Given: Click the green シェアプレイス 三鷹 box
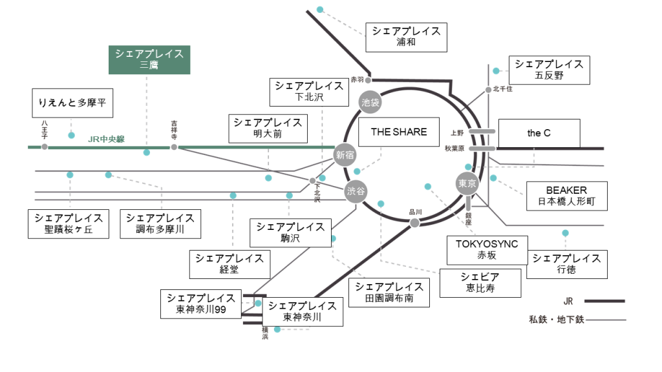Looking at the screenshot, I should pyautogui.click(x=149, y=59).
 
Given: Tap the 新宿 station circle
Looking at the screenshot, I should pyautogui.click(x=345, y=155).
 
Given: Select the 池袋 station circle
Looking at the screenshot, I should pyautogui.click(x=370, y=101).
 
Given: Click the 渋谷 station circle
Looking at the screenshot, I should pyautogui.click(x=356, y=191).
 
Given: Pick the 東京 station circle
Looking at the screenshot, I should pyautogui.click(x=467, y=183).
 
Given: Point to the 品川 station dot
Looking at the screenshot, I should pyautogui.click(x=414, y=223).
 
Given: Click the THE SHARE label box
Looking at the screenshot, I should pyautogui.click(x=398, y=132).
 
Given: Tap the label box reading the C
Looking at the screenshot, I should pyautogui.click(x=539, y=134).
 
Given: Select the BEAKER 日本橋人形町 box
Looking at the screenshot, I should pyautogui.click(x=566, y=196).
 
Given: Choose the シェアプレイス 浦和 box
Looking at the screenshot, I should pyautogui.click(x=406, y=37).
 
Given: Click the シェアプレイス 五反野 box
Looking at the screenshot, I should pyautogui.click(x=550, y=70).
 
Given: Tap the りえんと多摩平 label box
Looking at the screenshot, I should pyautogui.click(x=72, y=103).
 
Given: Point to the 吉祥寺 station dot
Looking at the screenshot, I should pyautogui.click(x=174, y=147).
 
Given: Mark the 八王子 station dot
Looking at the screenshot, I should pyautogui.click(x=45, y=147).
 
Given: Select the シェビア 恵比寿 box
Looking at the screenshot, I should pyautogui.click(x=480, y=283).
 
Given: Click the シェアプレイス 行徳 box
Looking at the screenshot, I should pyautogui.click(x=567, y=264).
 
